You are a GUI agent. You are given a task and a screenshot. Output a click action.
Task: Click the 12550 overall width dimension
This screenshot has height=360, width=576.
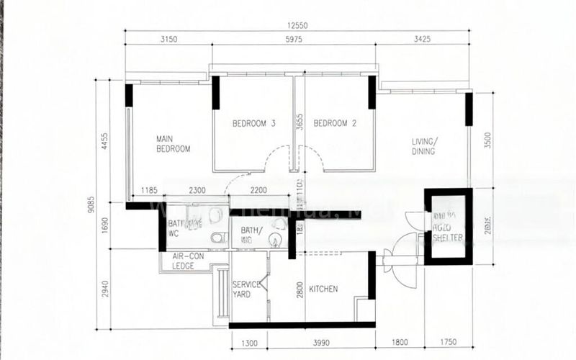point(296,25)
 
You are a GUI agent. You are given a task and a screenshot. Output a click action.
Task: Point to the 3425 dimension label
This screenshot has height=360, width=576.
point(423,40)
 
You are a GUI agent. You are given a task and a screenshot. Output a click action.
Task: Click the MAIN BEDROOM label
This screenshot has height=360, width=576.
point(174,143)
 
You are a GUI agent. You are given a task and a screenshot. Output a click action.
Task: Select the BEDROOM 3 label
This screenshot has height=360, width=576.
point(253,123)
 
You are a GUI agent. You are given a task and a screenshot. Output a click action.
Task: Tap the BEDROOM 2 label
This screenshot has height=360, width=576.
point(336,123)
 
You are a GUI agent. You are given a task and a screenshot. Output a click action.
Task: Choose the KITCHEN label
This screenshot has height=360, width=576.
point(323,289)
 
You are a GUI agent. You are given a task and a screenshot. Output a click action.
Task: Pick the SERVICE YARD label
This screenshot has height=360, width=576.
point(246,289)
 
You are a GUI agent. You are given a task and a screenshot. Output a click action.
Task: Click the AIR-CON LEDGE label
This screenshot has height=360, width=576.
point(187,261)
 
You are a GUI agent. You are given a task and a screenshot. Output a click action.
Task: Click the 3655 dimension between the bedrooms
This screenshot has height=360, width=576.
point(300,125)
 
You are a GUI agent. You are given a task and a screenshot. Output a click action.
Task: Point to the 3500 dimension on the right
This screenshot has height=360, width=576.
point(488,140)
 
